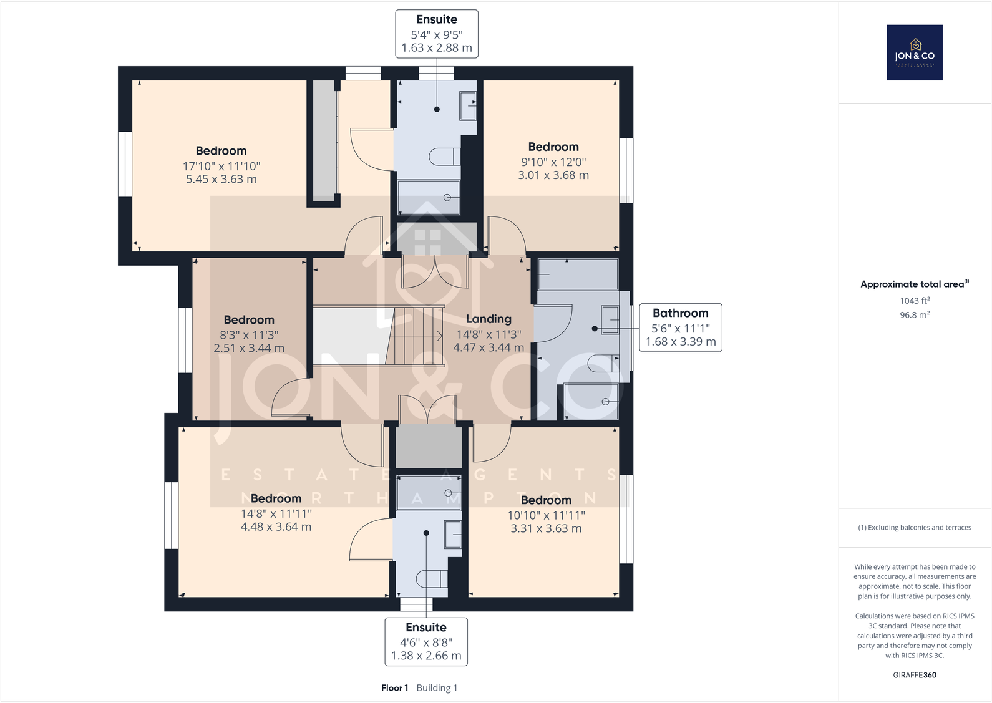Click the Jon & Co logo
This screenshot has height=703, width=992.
click(x=915, y=52)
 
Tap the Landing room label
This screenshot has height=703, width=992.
click(x=489, y=319)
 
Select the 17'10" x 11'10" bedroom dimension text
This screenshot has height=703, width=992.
click(x=221, y=166)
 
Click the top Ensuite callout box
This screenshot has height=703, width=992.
click(x=437, y=34)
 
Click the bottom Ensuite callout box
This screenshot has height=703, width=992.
click(x=426, y=641)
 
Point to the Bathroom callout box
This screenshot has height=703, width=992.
click(x=681, y=327)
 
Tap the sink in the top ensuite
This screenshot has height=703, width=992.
click(x=467, y=105)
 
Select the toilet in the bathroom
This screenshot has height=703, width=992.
click(x=603, y=362)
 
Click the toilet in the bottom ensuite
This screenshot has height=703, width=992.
click(x=432, y=579)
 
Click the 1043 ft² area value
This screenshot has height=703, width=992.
click(x=915, y=301)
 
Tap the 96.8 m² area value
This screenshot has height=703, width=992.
click(x=915, y=315)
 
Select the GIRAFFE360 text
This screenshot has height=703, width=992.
click(x=915, y=675)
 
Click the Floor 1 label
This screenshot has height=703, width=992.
click(x=394, y=687)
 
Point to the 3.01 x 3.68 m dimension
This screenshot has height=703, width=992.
click(x=553, y=175)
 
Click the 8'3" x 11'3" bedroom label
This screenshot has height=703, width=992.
click(x=249, y=334)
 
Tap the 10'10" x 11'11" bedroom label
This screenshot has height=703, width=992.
click(x=546, y=515)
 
